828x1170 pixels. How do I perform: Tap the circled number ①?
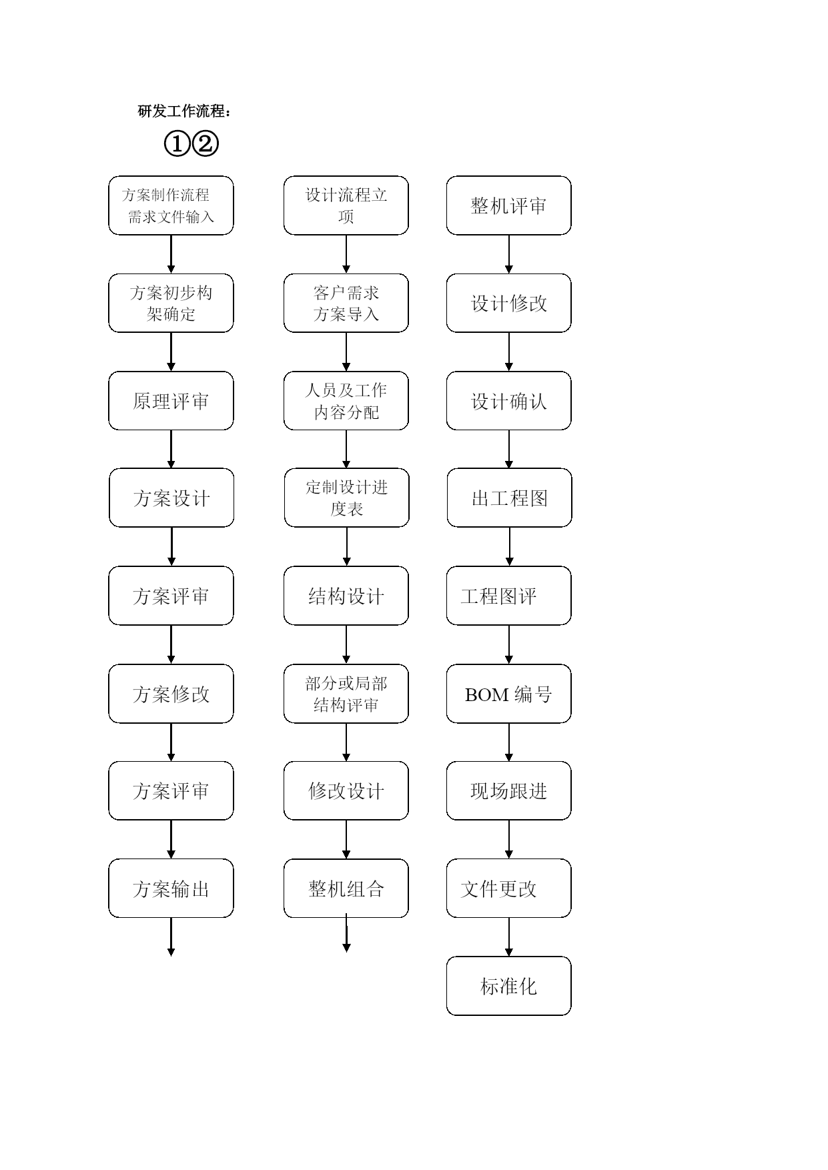pos(177,143)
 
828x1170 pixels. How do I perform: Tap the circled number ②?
pos(205,143)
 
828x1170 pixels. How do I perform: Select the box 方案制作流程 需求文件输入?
pos(171,205)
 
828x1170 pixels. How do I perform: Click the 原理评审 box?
pos(171,401)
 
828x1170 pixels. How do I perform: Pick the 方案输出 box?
pos(171,889)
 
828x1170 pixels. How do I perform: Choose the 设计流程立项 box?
pos(346,205)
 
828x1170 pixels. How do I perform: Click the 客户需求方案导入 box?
pos(346,303)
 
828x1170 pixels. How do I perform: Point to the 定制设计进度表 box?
pos(346,498)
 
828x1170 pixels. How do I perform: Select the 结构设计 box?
pos(346,596)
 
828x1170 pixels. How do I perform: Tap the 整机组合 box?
pos(346,889)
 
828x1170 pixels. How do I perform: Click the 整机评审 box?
pos(508,205)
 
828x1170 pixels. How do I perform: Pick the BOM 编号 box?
pos(508,694)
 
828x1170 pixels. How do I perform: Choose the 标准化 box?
pos(508,986)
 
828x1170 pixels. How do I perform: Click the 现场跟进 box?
pos(508,790)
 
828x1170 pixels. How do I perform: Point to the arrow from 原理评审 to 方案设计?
pos(171,449)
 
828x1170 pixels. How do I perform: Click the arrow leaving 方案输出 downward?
pos(171,937)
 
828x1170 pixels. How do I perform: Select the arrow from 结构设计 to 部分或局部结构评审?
pos(346,644)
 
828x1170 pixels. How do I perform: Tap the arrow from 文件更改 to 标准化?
pos(508,937)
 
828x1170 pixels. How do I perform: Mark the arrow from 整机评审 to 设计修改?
pos(508,254)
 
